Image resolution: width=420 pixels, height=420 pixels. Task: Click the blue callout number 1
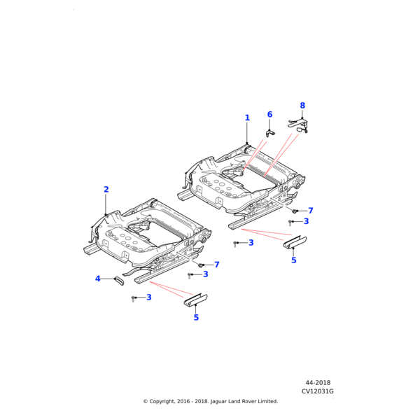click(x=247, y=118)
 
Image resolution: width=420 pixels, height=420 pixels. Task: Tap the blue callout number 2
click(x=106, y=190)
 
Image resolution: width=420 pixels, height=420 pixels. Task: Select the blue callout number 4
click(x=98, y=279)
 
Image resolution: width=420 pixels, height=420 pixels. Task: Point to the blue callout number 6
click(x=269, y=114)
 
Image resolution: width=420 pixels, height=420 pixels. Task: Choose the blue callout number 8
click(x=302, y=105)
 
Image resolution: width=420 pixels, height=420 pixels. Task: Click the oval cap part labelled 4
click(x=120, y=281)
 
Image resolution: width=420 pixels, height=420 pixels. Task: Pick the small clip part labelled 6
click(x=270, y=133)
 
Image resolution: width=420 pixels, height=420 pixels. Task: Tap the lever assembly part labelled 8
click(x=298, y=125)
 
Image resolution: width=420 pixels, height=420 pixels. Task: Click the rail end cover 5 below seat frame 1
click(x=295, y=242)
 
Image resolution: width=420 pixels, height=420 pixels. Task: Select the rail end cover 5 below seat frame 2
click(x=195, y=300)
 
